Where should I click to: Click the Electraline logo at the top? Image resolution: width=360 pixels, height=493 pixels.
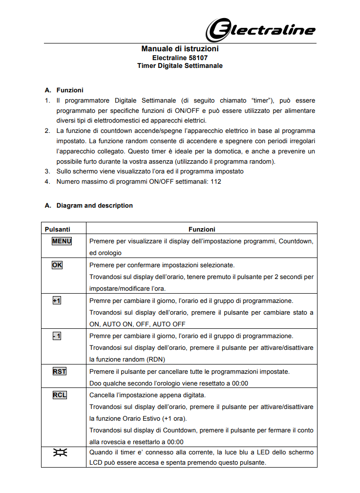pyautogui.click(x=259, y=30)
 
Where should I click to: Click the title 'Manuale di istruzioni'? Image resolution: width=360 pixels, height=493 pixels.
pyautogui.click(x=180, y=49)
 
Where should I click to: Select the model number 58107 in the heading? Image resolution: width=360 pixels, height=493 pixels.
pyautogui.click(x=203, y=57)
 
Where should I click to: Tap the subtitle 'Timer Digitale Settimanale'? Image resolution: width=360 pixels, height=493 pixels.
pyautogui.click(x=180, y=65)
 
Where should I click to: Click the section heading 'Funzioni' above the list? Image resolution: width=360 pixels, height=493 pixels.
pyautogui.click(x=70, y=90)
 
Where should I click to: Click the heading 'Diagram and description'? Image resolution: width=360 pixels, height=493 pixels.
pyautogui.click(x=94, y=206)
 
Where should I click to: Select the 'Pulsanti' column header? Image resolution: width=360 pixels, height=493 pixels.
pyautogui.click(x=58, y=229)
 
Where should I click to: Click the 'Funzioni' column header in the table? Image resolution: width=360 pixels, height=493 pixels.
pyautogui.click(x=202, y=229)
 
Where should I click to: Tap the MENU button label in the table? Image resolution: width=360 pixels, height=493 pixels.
pyautogui.click(x=62, y=241)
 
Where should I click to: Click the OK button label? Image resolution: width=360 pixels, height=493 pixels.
pyautogui.click(x=57, y=265)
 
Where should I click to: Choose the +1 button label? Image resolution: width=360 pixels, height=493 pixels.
pyautogui.click(x=57, y=300)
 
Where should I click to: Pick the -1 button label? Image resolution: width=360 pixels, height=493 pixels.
pyautogui.click(x=57, y=336)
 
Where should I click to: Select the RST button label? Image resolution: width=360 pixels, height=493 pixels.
pyautogui.click(x=60, y=371)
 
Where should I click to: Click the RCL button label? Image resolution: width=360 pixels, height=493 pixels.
pyautogui.click(x=60, y=395)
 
